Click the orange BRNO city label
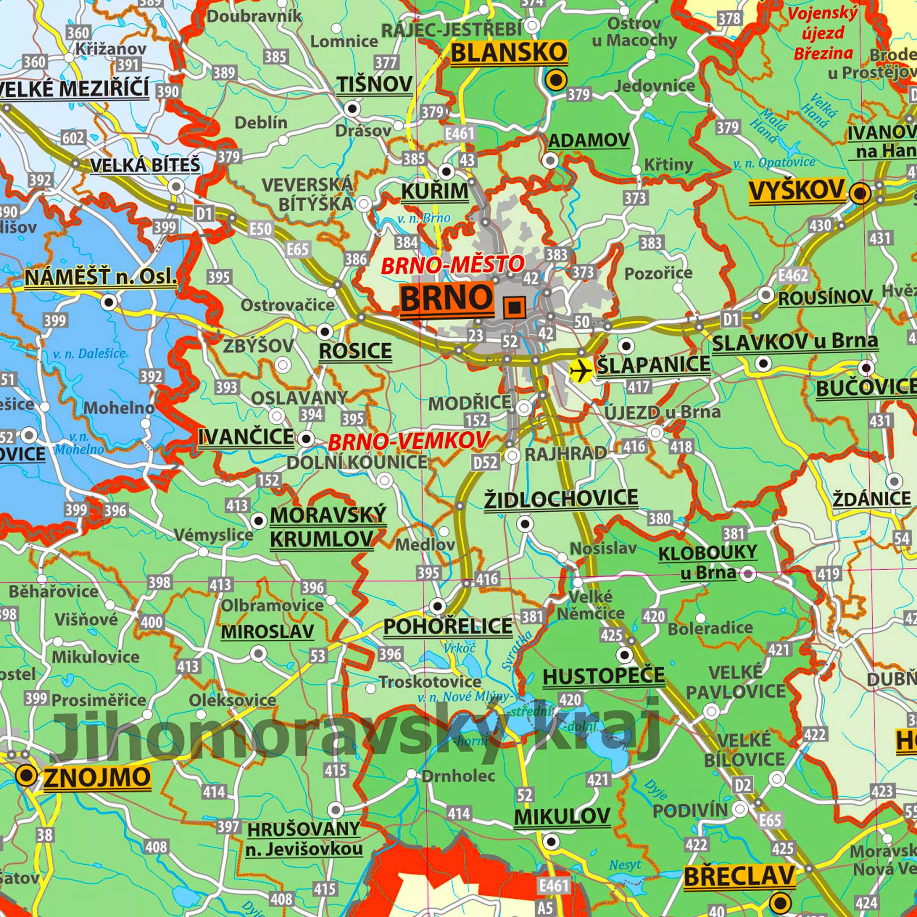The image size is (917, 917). pyautogui.click(x=446, y=299)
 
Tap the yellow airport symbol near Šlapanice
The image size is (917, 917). pyautogui.click(x=581, y=370)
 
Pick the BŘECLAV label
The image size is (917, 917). pyautogui.click(x=739, y=875)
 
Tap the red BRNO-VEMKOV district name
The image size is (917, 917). pyautogui.click(x=408, y=441)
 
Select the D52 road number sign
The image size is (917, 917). pyautogui.click(x=485, y=462)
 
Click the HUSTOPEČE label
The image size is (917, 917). pyautogui.click(x=603, y=676)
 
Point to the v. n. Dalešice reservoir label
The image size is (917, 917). pyautogui.click(x=89, y=354)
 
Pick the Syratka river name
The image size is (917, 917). pyautogui.click(x=517, y=651)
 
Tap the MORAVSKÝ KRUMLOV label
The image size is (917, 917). pyautogui.click(x=328, y=527)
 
